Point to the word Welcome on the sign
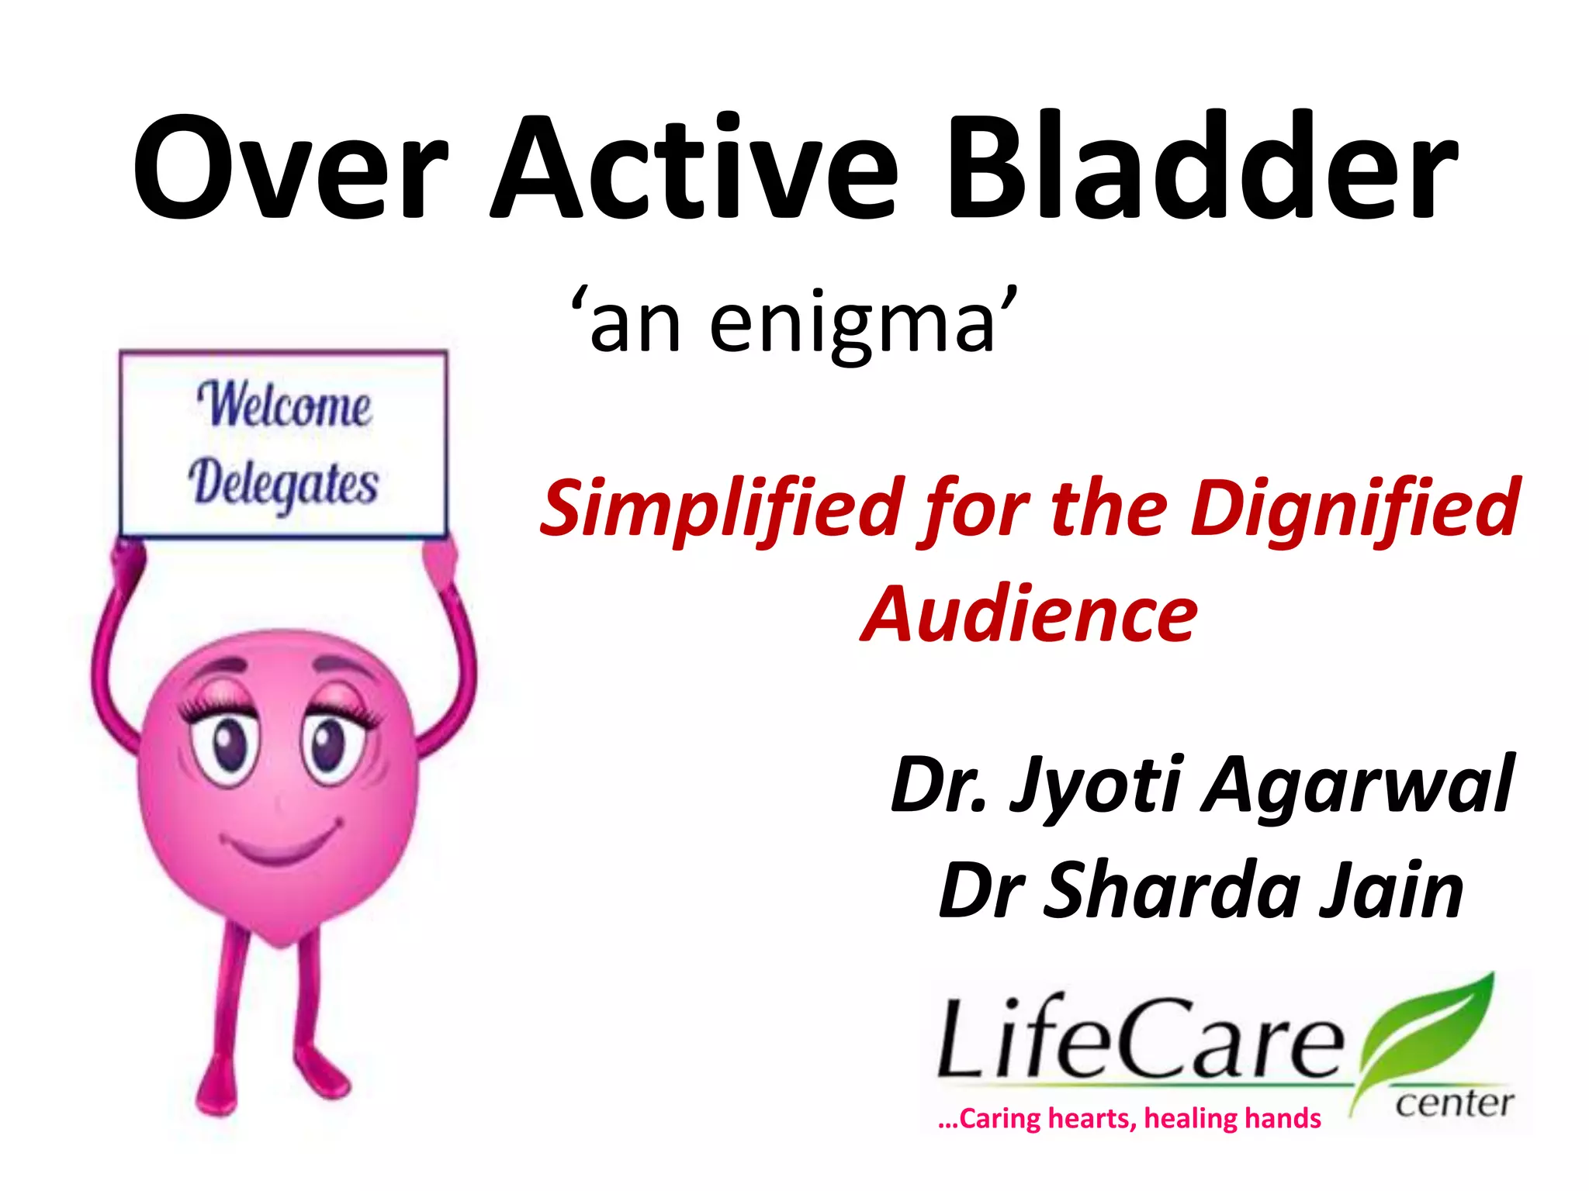coord(284,405)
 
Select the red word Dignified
coord(1354,508)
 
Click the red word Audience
coord(1030,614)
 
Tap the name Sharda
coord(1172,892)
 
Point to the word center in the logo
coord(1455,1103)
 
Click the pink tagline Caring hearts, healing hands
coord(1129,1119)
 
